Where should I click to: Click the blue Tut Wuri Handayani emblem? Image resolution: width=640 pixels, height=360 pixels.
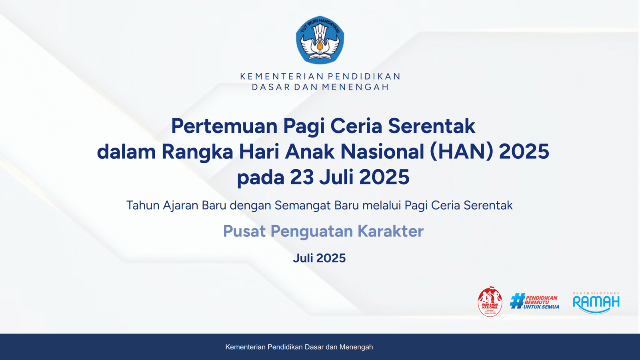coord(320,40)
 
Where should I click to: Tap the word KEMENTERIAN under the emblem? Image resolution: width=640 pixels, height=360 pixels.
coord(282,76)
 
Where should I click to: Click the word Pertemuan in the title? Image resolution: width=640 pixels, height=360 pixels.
coord(224,126)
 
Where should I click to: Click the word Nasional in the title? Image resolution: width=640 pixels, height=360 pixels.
coord(382,152)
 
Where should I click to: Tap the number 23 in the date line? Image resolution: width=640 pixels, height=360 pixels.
coord(302,177)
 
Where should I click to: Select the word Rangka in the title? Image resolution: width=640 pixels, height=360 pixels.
coord(197,152)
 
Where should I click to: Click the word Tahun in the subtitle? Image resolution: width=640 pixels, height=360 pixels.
coord(143,205)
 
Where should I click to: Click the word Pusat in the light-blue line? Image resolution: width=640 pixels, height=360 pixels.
coord(244,231)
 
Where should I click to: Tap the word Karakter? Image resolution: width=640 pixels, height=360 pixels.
coord(390,231)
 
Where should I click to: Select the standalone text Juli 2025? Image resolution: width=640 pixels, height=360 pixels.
coord(319,258)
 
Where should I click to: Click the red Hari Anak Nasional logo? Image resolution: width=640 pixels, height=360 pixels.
coord(490,302)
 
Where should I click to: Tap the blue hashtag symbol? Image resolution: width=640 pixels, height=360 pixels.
coord(517,301)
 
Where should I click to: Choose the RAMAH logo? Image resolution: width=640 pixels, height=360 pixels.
coord(596,302)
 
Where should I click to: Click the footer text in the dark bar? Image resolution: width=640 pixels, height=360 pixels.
coord(299,347)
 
